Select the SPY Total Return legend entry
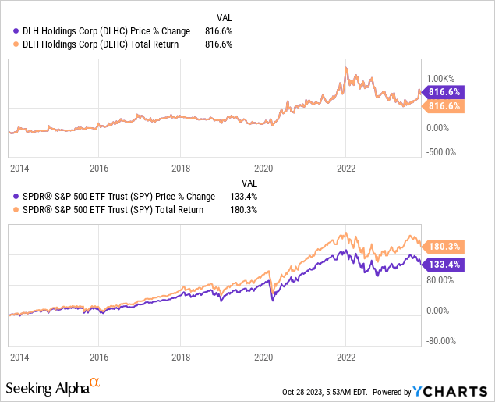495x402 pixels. pos(110,210)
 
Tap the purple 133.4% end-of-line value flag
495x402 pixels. pos(445,265)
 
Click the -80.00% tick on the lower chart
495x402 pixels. pos(441,340)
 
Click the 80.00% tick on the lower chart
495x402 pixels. pos(441,279)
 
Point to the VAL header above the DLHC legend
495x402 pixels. pos(222,17)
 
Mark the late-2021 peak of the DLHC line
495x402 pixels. pos(345,69)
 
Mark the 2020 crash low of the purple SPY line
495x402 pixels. pos(273,300)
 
